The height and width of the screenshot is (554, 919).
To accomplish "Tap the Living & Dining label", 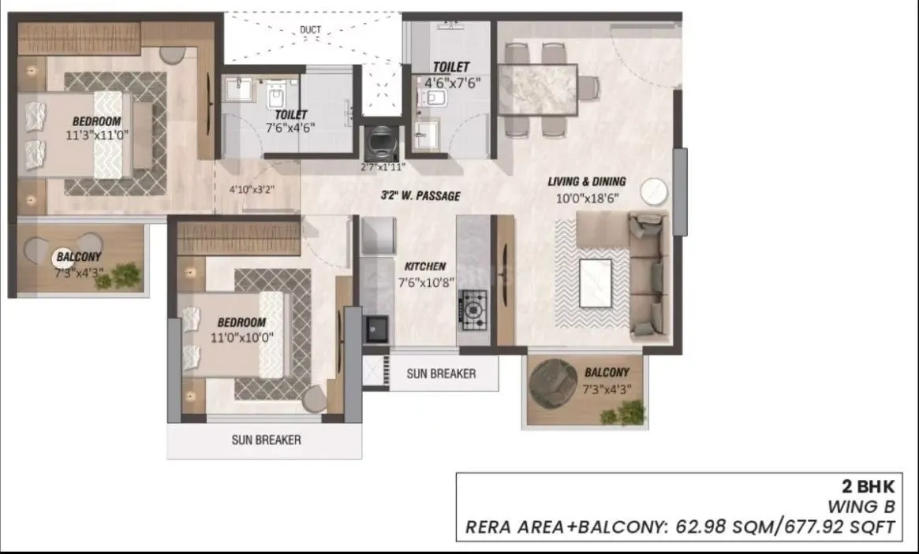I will pos(587,182).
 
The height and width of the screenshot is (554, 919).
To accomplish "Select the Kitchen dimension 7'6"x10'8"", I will pos(425,283).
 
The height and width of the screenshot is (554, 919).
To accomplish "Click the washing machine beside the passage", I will pos(381,142).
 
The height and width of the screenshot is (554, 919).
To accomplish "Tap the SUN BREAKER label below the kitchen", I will pos(441,374).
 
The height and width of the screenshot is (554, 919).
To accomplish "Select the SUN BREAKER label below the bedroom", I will pos(266,440).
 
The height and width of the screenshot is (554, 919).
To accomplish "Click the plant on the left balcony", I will pos(125,274).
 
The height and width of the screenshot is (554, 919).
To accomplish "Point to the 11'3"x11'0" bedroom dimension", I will pos(97,135).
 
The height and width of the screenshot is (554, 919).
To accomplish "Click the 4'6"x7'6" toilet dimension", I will pos(452,81).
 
